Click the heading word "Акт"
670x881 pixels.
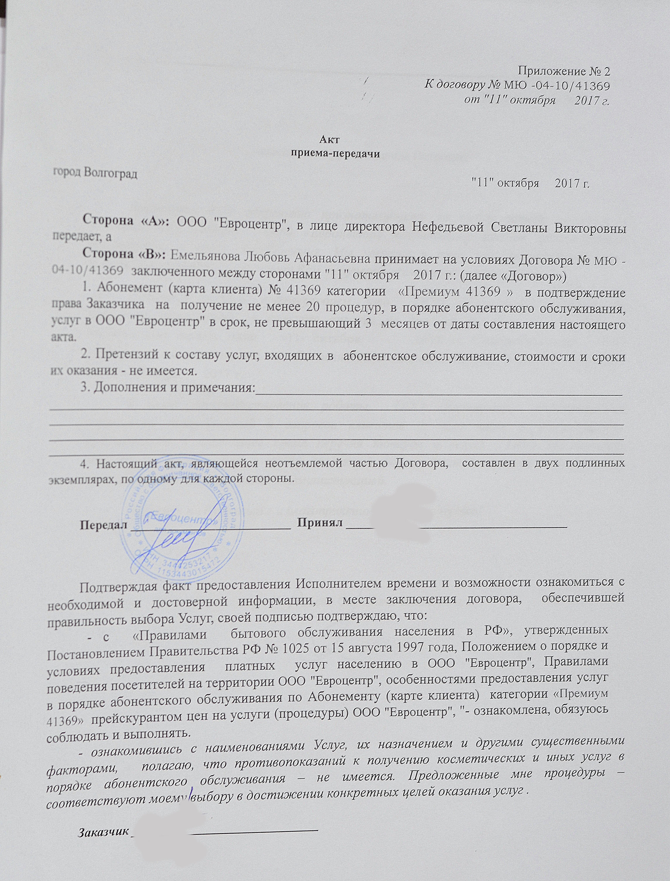(x=329, y=139)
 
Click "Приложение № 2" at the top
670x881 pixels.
(x=564, y=71)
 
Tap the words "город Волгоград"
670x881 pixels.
(x=96, y=173)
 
